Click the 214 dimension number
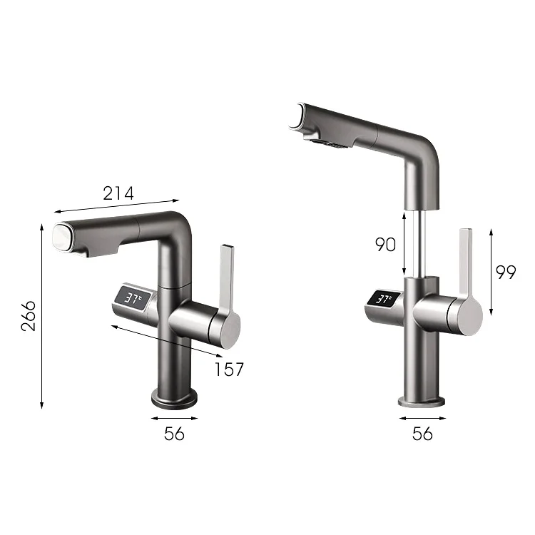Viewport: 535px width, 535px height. click(118, 193)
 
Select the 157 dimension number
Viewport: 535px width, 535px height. click(229, 370)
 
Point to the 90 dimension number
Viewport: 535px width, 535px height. click(385, 244)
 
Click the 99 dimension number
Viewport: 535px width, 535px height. click(506, 272)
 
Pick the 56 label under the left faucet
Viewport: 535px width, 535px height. click(174, 434)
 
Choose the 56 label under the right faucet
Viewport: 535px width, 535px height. click(423, 434)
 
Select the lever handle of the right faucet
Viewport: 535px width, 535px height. click(465, 264)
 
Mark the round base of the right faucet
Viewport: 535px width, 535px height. click(422, 399)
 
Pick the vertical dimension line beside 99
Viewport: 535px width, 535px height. click(491, 272)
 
